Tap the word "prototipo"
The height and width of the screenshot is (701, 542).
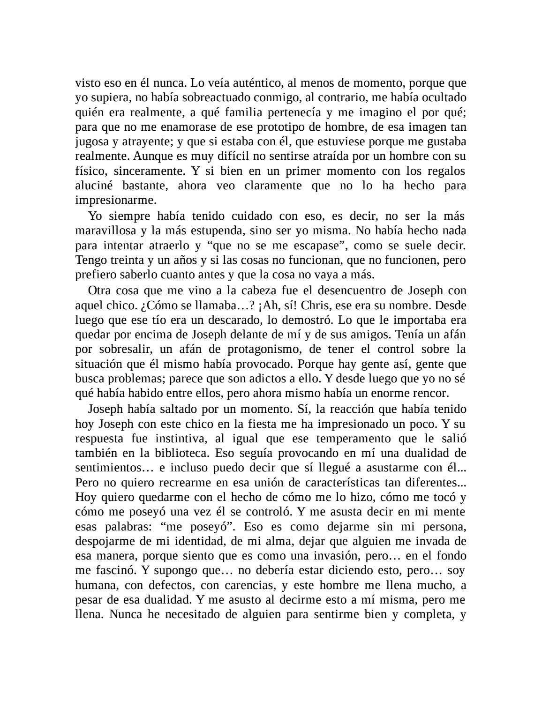coord(245,127)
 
